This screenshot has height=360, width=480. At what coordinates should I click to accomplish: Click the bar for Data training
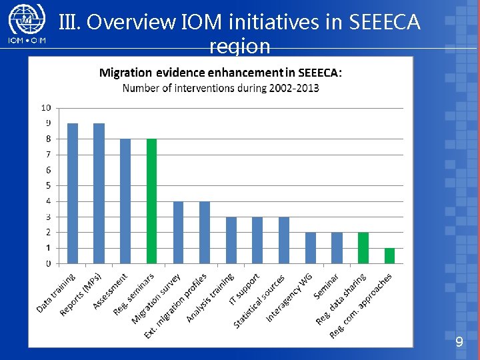(x=73, y=193)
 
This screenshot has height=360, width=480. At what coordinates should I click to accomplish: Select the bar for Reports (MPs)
(x=99, y=193)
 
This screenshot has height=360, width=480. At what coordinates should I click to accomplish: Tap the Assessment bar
(x=125, y=201)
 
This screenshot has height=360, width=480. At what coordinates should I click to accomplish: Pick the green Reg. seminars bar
(x=152, y=201)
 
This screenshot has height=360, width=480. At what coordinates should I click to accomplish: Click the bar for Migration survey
(x=178, y=232)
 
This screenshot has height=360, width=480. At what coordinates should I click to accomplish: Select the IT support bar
(x=257, y=240)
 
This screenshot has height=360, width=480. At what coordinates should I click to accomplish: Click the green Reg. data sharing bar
(x=363, y=247)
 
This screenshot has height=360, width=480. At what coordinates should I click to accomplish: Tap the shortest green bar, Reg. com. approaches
(x=390, y=255)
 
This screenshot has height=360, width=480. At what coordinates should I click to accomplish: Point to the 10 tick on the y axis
(x=47, y=107)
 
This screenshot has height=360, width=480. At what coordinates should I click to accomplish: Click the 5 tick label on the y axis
(x=48, y=185)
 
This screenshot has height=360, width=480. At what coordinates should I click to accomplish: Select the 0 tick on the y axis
(x=48, y=263)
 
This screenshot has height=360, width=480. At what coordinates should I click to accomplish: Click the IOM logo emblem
(x=25, y=20)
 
